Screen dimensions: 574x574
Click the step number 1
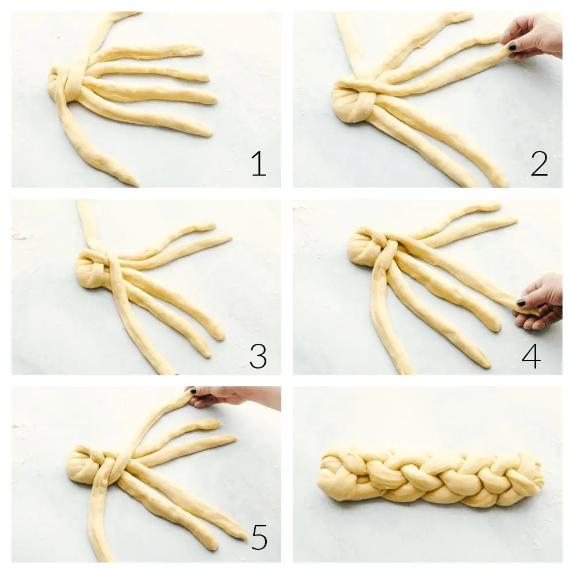pos(258,164)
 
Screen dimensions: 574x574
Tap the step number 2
pos(539,164)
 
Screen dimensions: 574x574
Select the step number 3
pos(258,356)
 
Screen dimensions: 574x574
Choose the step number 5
pos(259,537)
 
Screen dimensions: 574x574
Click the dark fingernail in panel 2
pos(510,46)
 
